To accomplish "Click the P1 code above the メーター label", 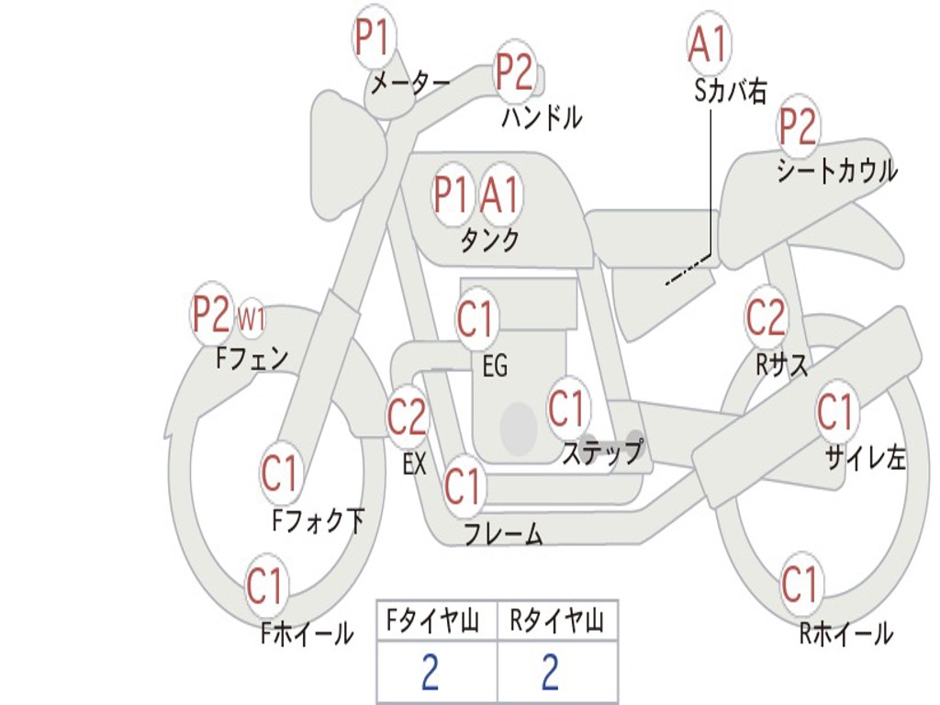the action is pos(374,39).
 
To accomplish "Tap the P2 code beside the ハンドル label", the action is pos(514,72).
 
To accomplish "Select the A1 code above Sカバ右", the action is pos(709,43).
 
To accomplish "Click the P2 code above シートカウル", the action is pos(798,127).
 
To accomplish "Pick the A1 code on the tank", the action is pos(500,194).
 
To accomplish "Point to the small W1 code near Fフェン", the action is pos(252,319).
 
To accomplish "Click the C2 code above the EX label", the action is pos(407,418).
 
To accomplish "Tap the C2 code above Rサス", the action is pos(766,318).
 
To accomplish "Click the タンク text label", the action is pos(490,241).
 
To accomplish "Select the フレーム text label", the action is pos(503,533).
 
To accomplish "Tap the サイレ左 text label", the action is pos(865,456).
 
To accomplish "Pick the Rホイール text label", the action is pos(845,633).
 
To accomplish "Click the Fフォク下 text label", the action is pos(319,521).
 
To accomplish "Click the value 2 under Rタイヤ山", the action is pos(550,673).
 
